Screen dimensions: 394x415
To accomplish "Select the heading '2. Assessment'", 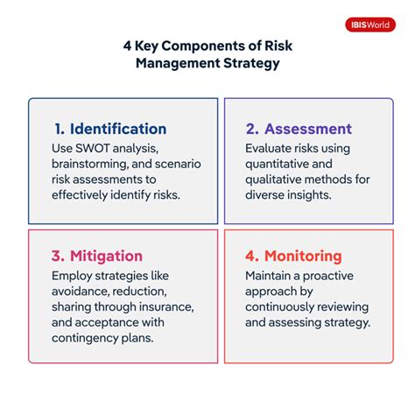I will click(x=299, y=129).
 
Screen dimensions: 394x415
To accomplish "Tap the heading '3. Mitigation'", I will click(x=96, y=256).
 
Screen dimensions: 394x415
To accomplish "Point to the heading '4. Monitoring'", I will click(x=292, y=256).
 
